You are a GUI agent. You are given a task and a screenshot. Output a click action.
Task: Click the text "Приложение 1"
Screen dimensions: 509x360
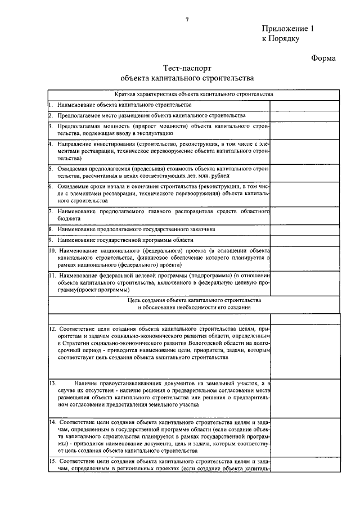287,29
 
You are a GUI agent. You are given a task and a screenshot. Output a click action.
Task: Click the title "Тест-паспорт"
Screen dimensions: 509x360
186,67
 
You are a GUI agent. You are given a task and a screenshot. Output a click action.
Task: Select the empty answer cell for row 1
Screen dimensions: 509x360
304,105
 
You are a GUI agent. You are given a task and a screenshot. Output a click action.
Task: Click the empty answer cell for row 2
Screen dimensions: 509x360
304,116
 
